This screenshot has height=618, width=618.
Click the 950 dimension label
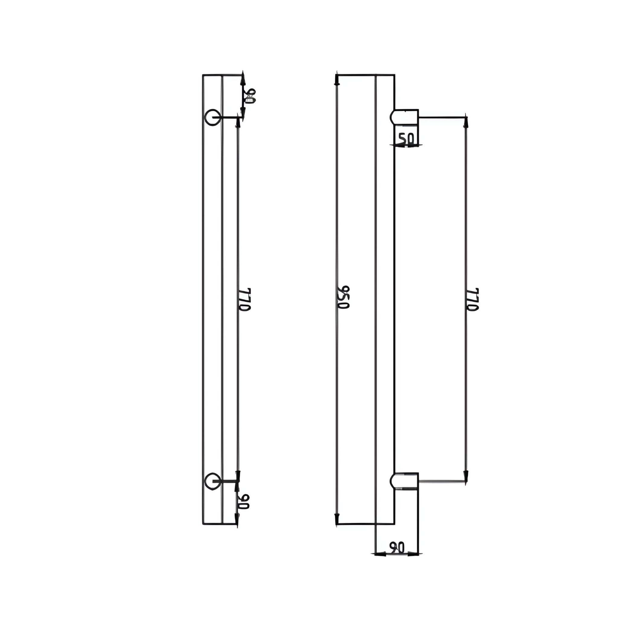point(343,298)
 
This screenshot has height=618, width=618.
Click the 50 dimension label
point(406,139)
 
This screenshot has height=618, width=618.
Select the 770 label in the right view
point(472,299)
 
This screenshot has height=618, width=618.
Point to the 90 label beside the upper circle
point(249,96)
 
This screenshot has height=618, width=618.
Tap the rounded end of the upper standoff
point(393,117)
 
